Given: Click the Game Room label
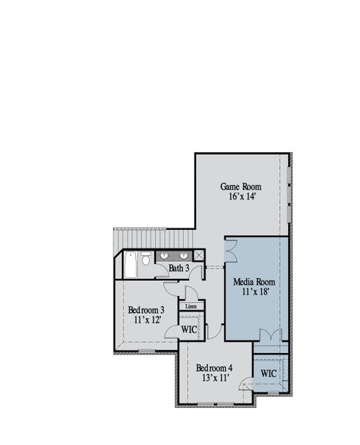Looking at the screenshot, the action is (240, 186).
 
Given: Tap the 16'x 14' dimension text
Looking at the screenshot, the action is (243, 196).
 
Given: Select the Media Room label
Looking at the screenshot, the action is (255, 282).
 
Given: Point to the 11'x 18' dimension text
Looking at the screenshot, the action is (255, 291).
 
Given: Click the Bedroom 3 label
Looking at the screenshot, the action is (146, 310).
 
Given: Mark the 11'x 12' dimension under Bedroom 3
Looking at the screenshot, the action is (148, 320).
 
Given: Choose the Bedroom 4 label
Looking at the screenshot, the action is (215, 368).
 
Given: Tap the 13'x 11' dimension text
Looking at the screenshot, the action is (215, 378).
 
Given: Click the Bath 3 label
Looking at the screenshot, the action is (179, 268).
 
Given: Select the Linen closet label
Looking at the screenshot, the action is (191, 306).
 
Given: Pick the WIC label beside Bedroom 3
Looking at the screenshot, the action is (189, 329).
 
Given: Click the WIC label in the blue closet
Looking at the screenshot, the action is (269, 373).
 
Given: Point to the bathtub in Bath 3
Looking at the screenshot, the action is (131, 265).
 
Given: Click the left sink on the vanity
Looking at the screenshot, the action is (164, 255).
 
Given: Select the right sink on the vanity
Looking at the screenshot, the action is (183, 255).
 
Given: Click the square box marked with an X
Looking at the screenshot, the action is (199, 255).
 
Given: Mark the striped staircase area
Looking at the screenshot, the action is (154, 239).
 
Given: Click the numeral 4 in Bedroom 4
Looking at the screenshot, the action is (230, 368).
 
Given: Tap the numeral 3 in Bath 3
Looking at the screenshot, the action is (187, 268).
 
